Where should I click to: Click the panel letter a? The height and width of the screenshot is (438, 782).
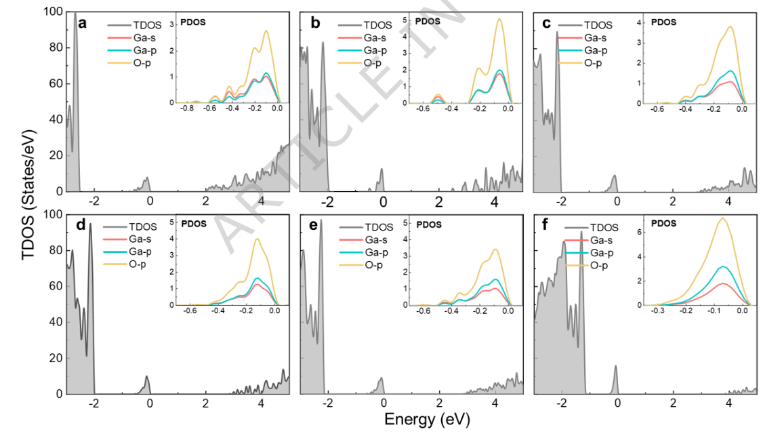82,24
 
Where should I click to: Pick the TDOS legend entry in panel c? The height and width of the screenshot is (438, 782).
600,25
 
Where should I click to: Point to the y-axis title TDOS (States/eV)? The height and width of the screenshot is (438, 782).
28,203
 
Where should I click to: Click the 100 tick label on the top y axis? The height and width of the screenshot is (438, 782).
54,12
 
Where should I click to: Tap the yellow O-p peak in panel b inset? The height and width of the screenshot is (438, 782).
499,20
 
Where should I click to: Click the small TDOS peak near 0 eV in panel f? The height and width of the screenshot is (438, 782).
616,367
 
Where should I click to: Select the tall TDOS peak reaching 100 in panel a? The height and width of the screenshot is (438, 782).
75,14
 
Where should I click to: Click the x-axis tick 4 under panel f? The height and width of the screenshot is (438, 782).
728,403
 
